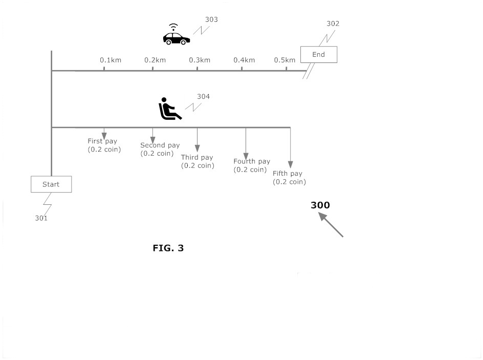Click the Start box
pos(51,184)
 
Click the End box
pos(318,54)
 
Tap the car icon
pos(176,37)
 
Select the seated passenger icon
pos(169,109)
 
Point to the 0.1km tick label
pos(111,60)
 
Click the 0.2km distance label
pos(155,60)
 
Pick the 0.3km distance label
pos(200,60)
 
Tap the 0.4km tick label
pos(244,60)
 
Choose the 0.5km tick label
pos(284,60)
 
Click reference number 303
pos(211,19)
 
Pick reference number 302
pos(333,24)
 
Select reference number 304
pos(203,96)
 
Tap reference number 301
pos(41,218)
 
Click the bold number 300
pos(320,205)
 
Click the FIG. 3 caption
pos(168,248)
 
